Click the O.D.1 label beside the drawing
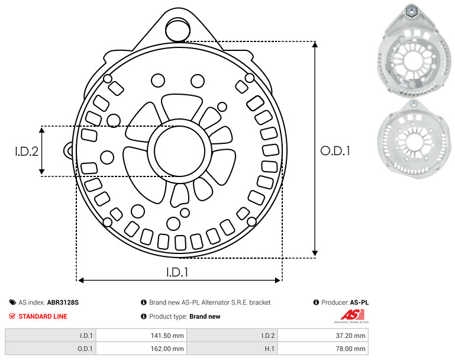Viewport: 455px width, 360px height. [x=335, y=151]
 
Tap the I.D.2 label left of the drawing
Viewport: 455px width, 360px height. [x=27, y=152]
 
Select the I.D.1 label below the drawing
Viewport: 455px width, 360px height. [x=178, y=272]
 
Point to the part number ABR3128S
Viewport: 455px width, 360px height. [x=63, y=303]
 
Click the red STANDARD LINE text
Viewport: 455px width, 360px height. [x=43, y=316]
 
